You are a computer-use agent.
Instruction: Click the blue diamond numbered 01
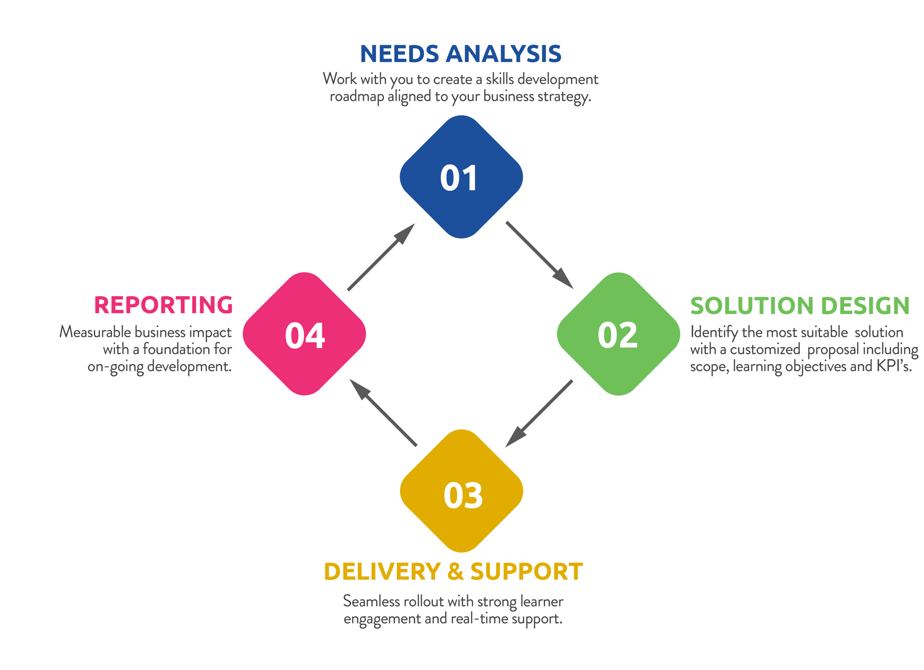[461, 177]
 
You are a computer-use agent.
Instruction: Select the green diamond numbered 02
[618, 334]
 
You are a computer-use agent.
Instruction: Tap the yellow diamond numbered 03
[461, 491]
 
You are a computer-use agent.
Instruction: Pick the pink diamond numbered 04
[304, 334]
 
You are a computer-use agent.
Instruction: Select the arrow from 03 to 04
[383, 413]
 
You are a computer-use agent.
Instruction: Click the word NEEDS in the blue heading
[399, 54]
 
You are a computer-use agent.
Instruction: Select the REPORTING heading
[163, 305]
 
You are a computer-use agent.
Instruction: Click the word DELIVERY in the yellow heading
[382, 572]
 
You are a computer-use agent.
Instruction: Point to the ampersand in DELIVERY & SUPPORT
[456, 572]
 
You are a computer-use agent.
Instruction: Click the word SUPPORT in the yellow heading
[527, 572]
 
